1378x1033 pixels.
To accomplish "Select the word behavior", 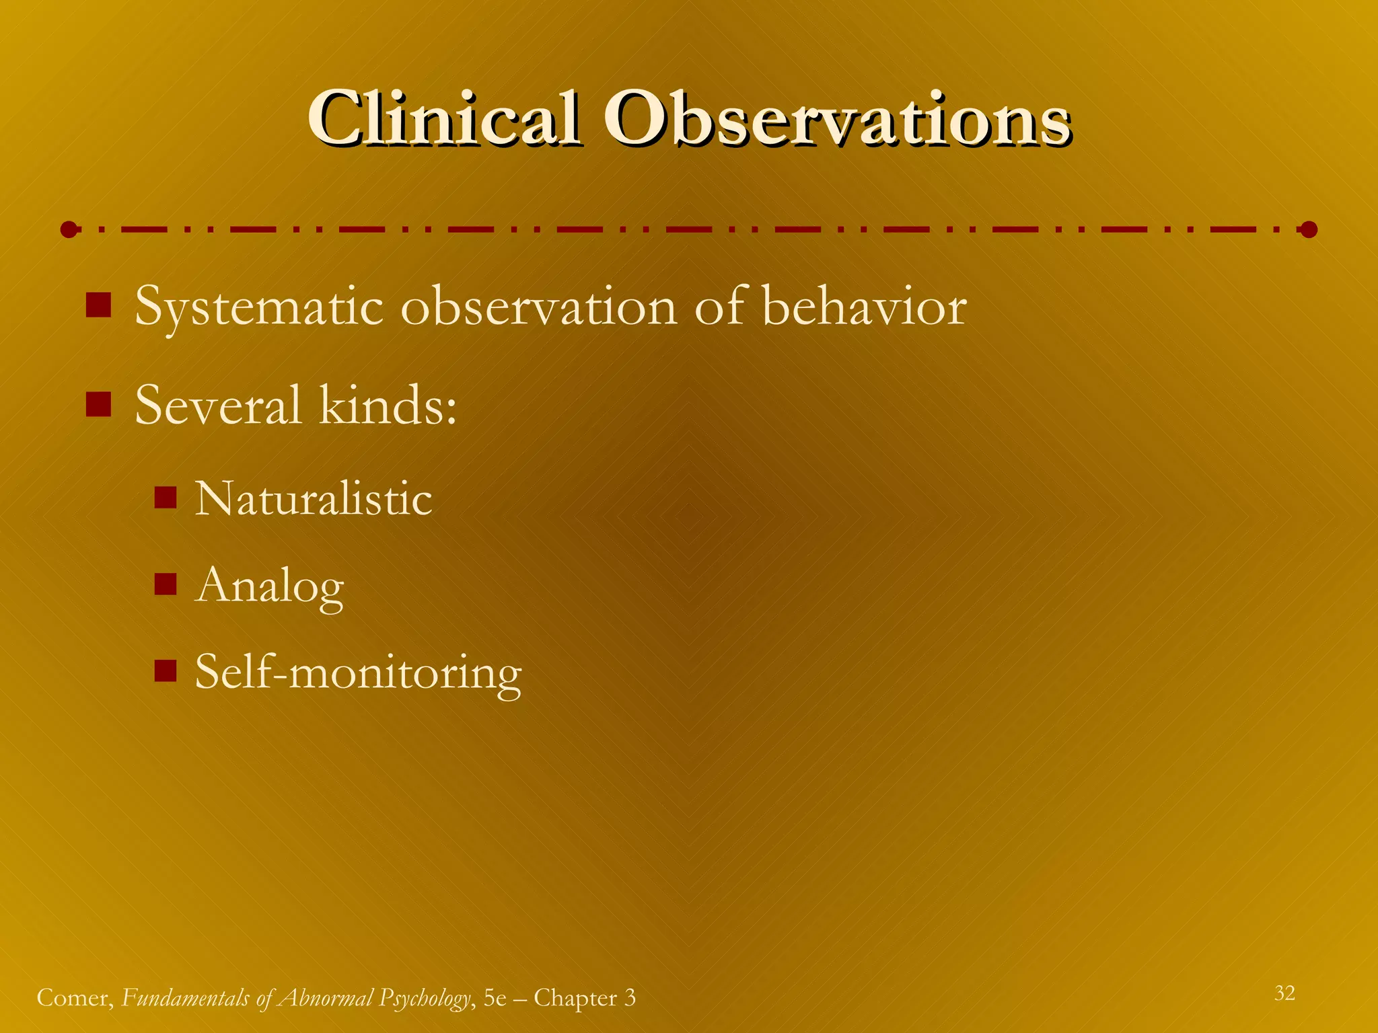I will pos(865,307).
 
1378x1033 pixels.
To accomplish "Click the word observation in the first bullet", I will pos(538,307).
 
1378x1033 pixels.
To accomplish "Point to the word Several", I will pos(217,406).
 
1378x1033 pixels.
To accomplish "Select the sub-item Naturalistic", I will pos(314,499).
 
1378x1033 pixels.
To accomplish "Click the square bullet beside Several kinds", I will pos(98,405).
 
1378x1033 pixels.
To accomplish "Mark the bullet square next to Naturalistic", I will pos(165,498).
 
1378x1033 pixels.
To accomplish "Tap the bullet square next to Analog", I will pos(165,584).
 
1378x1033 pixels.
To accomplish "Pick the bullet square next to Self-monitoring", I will pos(165,671).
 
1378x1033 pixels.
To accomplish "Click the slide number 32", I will pos(1284,993).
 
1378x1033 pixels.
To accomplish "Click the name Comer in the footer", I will pos(74,998).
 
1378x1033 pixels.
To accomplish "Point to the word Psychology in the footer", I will pos(424,998).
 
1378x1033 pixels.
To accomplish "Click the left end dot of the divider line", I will pos(69,230).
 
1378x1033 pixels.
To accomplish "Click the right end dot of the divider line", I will pos(1309,230).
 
